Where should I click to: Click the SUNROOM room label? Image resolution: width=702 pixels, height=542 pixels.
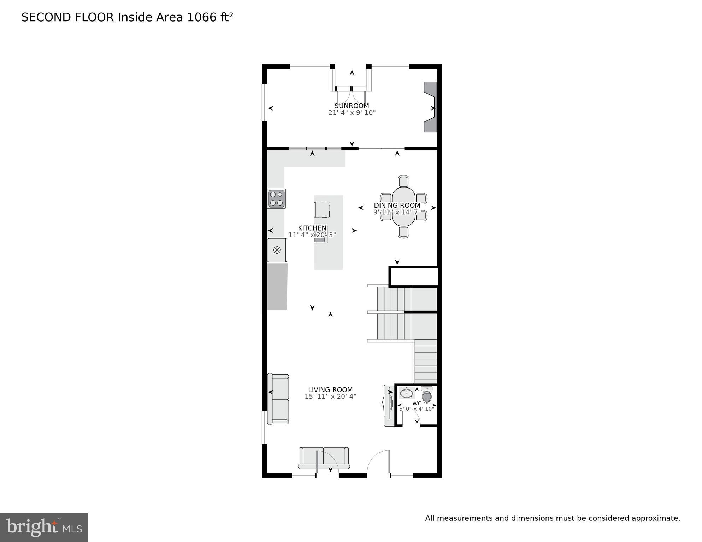click(352, 106)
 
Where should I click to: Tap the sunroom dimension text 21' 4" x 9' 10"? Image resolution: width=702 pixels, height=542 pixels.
click(352, 113)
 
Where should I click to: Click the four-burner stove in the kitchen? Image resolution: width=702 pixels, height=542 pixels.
click(276, 198)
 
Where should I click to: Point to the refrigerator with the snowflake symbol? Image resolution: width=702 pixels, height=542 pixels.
click(277, 250)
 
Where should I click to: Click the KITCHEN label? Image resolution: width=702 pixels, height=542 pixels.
click(312, 228)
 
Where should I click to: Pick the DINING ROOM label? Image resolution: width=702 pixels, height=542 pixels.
click(397, 205)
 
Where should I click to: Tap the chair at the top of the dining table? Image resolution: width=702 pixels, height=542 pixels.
click(403, 181)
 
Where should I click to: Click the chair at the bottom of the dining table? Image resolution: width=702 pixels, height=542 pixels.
click(403, 232)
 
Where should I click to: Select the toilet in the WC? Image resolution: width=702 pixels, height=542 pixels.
click(427, 395)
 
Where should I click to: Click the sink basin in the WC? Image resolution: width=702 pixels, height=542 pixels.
click(407, 393)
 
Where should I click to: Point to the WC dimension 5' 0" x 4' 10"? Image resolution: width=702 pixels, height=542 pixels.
click(417, 409)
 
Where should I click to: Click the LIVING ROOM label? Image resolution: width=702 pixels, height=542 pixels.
click(330, 390)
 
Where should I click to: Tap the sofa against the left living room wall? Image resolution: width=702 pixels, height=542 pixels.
click(278, 399)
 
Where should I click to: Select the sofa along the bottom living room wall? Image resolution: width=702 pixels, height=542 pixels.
click(324, 458)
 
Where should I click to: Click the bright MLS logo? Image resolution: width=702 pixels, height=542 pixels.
click(44, 527)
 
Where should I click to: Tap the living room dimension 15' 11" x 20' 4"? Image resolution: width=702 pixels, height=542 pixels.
click(330, 397)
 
